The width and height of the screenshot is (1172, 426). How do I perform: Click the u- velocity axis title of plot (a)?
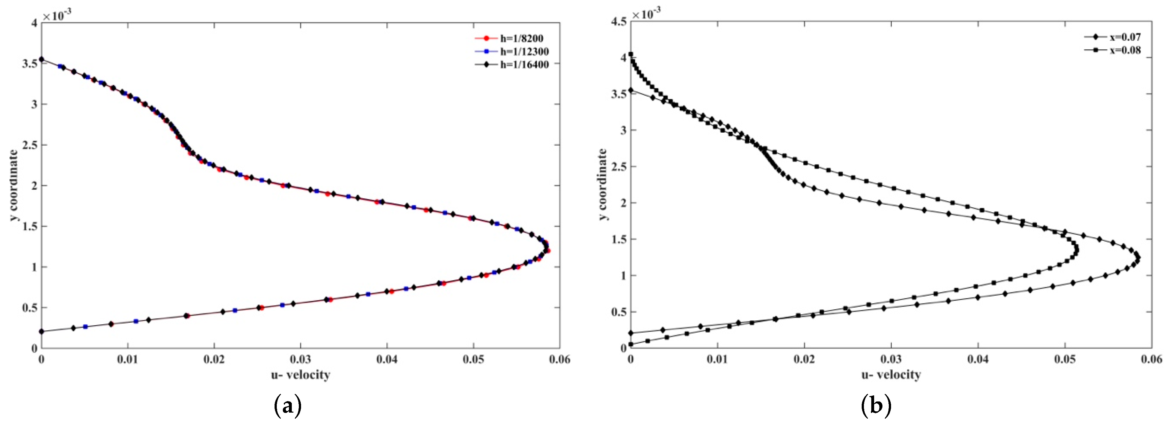[x=300, y=375]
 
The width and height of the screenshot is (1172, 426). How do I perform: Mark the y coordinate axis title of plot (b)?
[x=603, y=184]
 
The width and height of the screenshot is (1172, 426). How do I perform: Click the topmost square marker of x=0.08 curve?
[x=631, y=54]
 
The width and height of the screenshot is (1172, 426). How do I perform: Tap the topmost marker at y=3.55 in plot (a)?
[x=42, y=59]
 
